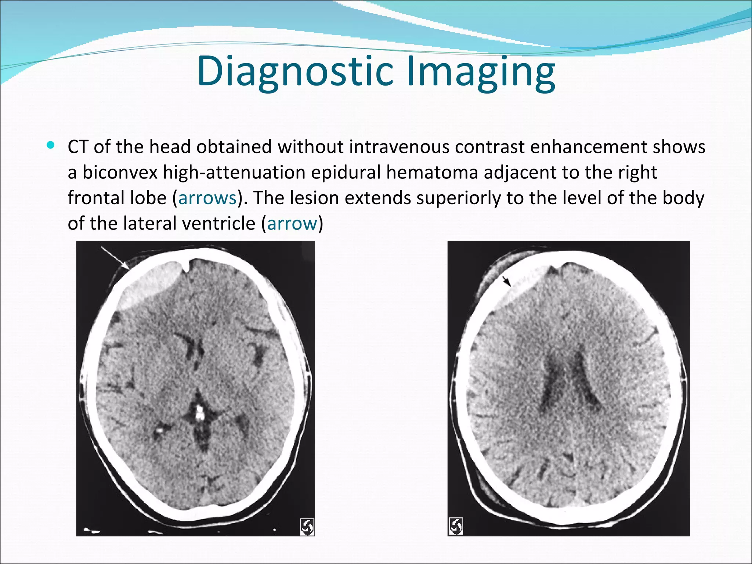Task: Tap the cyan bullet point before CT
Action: pyautogui.click(x=51, y=145)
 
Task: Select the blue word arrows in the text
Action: pyautogui.click(x=207, y=198)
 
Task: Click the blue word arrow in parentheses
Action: pyautogui.click(x=292, y=223)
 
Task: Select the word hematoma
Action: pyautogui.click(x=432, y=173)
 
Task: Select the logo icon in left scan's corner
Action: pyautogui.click(x=307, y=527)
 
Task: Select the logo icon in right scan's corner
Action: pyautogui.click(x=456, y=526)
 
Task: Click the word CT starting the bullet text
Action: pyautogui.click(x=78, y=147)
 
